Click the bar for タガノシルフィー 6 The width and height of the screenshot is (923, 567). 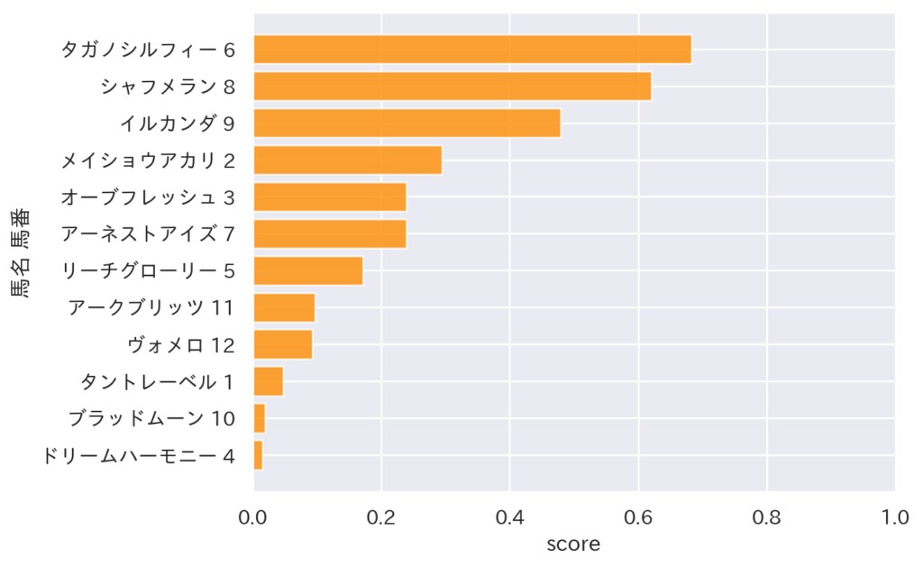[x=472, y=50]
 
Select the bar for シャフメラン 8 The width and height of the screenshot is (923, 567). [x=452, y=87]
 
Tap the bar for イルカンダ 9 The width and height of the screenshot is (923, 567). [x=407, y=123]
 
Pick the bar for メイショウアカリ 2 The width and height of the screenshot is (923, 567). [x=347, y=160]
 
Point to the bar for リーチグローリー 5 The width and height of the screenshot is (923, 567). [x=307, y=270]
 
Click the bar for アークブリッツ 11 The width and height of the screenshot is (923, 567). [x=284, y=307]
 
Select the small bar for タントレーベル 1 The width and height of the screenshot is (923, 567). [x=269, y=381]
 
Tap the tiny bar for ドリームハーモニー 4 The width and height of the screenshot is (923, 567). [x=258, y=455]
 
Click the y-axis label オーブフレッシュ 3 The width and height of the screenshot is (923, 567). [x=148, y=197]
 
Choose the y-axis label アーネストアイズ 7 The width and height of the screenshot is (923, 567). [x=148, y=233]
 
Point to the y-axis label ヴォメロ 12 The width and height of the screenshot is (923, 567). [x=181, y=344]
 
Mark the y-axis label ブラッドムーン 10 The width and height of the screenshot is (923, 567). [x=151, y=418]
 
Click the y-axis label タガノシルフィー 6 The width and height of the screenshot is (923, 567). [x=148, y=50]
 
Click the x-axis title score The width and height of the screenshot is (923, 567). [x=573, y=544]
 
